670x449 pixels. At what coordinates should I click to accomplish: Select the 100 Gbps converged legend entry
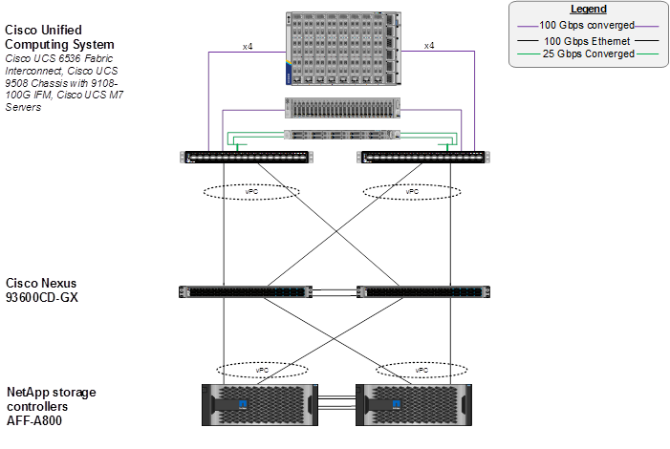click(587, 25)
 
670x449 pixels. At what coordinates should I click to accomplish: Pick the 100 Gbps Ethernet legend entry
click(587, 41)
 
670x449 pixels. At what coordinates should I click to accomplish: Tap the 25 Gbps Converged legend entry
click(587, 54)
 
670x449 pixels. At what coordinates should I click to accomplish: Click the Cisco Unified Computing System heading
click(59, 37)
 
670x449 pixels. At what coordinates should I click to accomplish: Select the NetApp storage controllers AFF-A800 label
click(52, 406)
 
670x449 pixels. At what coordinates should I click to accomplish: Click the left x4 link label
click(247, 46)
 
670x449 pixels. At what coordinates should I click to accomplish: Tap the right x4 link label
click(428, 46)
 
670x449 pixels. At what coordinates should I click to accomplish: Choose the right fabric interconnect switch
click(421, 157)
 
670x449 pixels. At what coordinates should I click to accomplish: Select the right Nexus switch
click(421, 291)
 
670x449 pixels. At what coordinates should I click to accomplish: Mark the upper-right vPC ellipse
click(412, 191)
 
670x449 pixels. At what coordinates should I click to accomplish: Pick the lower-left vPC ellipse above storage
click(263, 369)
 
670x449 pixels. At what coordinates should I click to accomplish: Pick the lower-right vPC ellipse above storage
click(421, 369)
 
